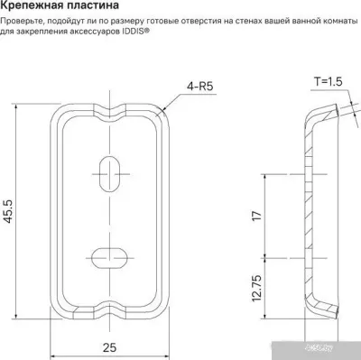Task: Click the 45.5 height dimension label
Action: [x=8, y=211]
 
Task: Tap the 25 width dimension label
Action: [x=109, y=347]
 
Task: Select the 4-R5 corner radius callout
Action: [x=200, y=87]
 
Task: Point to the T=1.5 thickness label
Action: [x=329, y=81]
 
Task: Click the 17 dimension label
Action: [x=257, y=216]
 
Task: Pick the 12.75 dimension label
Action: [x=257, y=288]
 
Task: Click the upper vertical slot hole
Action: [x=110, y=174]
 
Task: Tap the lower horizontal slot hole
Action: [x=109, y=258]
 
